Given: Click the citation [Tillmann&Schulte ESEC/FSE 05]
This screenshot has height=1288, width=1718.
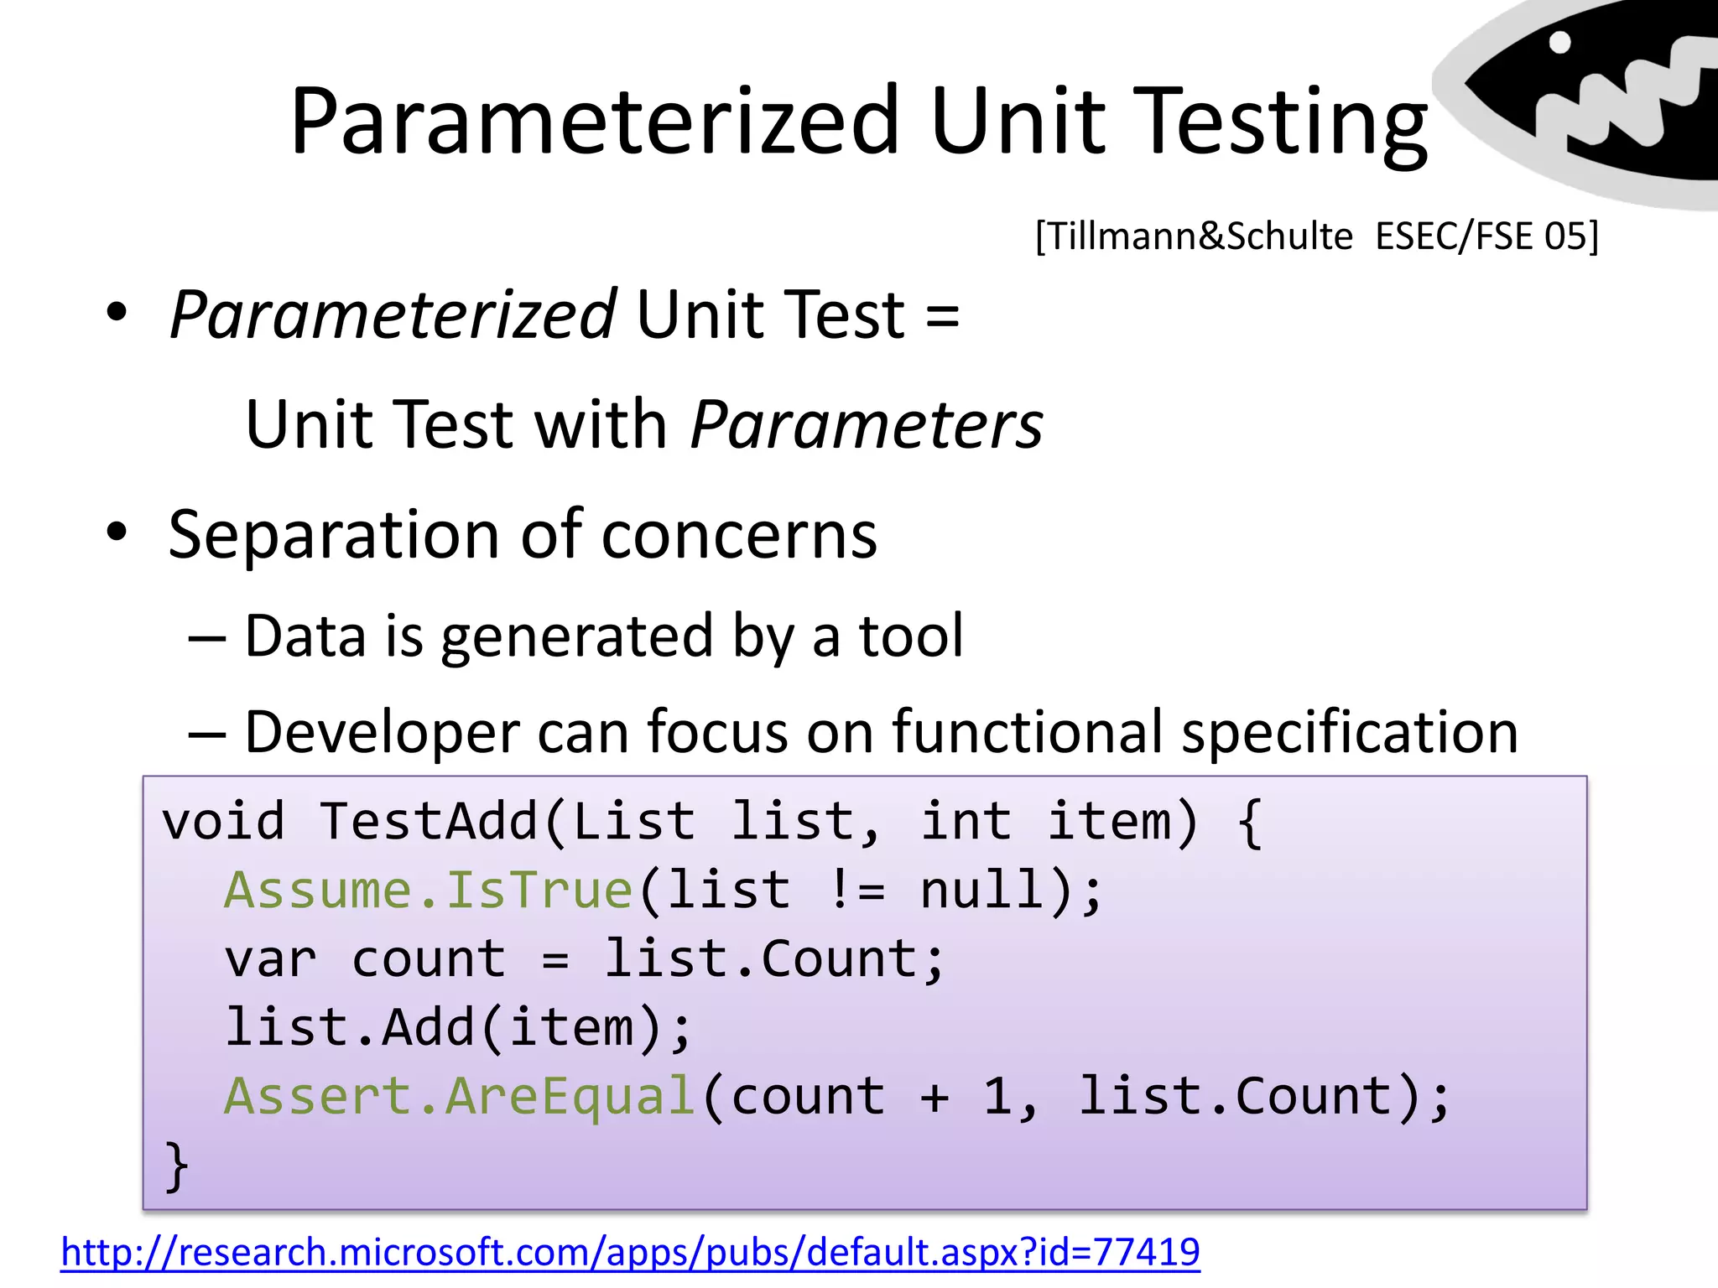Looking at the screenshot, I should coord(1317,236).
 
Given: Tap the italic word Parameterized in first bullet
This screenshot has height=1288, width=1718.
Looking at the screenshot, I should coord(393,315).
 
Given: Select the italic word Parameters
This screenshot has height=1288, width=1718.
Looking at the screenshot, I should coord(867,426).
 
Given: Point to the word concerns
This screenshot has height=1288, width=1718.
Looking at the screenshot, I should coord(739,535).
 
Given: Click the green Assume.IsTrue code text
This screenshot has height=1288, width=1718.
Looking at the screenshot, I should coord(428,890).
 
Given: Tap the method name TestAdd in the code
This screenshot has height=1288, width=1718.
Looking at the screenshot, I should coord(428,821).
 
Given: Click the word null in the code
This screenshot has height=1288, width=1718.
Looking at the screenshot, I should coord(981,890).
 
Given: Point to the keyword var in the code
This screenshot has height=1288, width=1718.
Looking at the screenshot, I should coord(270,959).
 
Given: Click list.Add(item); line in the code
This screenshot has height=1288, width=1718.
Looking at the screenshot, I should coord(458,1028).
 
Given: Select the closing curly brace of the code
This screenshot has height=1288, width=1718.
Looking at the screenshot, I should coord(176,1166).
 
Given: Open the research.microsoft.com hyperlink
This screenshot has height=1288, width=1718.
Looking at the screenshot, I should coord(630,1252).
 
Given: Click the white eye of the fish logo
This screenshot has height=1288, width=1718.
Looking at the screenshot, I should coord(1559,42).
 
